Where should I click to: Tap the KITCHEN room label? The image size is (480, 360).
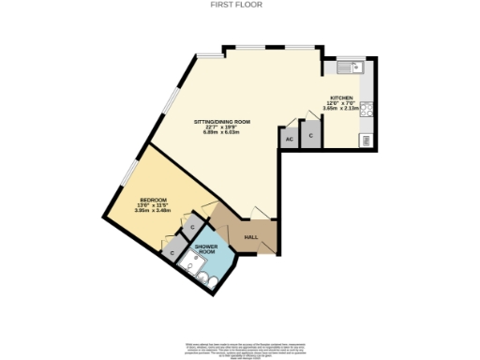pyautogui.click(x=339, y=97)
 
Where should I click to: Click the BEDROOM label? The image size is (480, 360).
pyautogui.click(x=153, y=200)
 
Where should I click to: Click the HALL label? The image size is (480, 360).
pyautogui.click(x=251, y=236)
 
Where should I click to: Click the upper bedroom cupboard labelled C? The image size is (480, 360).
pyautogui.click(x=192, y=226)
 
